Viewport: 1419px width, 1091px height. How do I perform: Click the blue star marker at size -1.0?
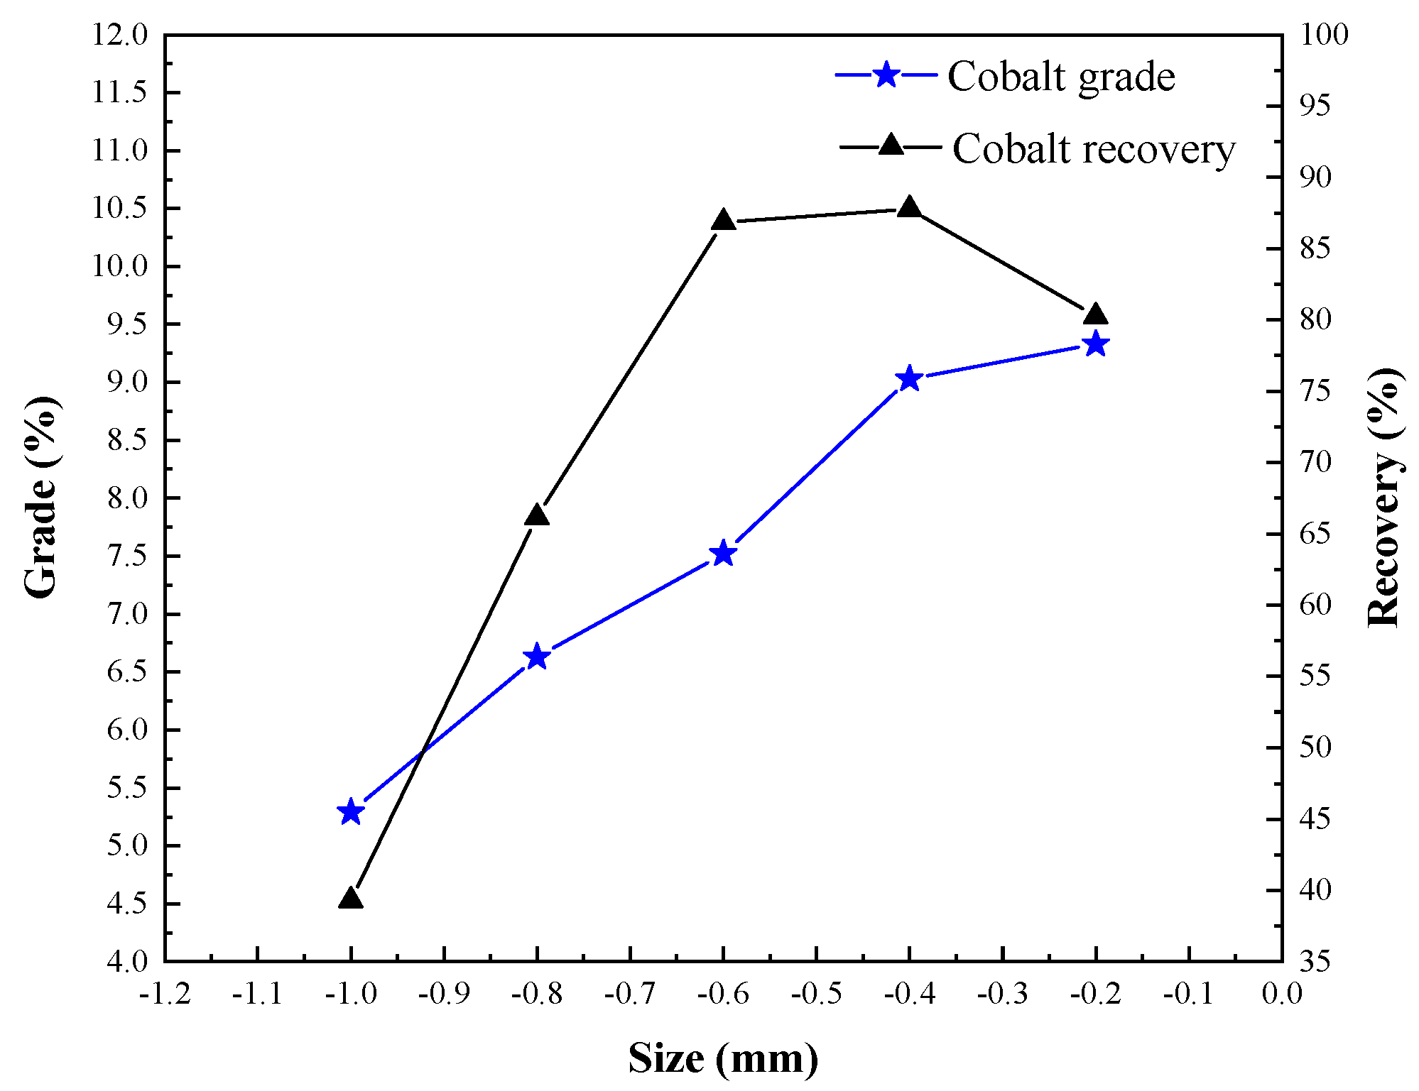pos(351,812)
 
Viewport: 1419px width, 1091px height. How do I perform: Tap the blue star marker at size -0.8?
pos(537,657)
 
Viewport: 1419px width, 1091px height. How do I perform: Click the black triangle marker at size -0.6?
pos(723,221)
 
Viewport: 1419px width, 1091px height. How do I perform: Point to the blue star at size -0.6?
pos(723,553)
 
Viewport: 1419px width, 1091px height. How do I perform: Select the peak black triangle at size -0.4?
pos(909,208)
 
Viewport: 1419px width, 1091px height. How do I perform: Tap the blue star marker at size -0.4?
pos(909,379)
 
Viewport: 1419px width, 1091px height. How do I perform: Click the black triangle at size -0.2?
pos(1095,314)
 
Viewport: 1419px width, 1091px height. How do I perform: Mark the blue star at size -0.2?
pos(1096,344)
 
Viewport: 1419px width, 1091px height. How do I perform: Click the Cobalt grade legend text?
pos(1061,77)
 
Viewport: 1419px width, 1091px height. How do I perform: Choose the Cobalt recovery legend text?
pos(1094,150)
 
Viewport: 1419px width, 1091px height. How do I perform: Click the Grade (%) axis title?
pos(41,497)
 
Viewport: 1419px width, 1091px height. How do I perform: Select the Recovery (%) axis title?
pos(1383,497)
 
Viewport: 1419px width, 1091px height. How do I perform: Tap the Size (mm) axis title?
pos(723,1058)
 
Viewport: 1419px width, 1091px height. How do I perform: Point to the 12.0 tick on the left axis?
pos(119,35)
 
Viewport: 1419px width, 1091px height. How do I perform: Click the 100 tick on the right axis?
pos(1323,35)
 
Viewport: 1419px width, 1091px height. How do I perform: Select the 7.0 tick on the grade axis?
pos(126,614)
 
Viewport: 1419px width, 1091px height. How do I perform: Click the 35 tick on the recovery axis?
pos(1315,962)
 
